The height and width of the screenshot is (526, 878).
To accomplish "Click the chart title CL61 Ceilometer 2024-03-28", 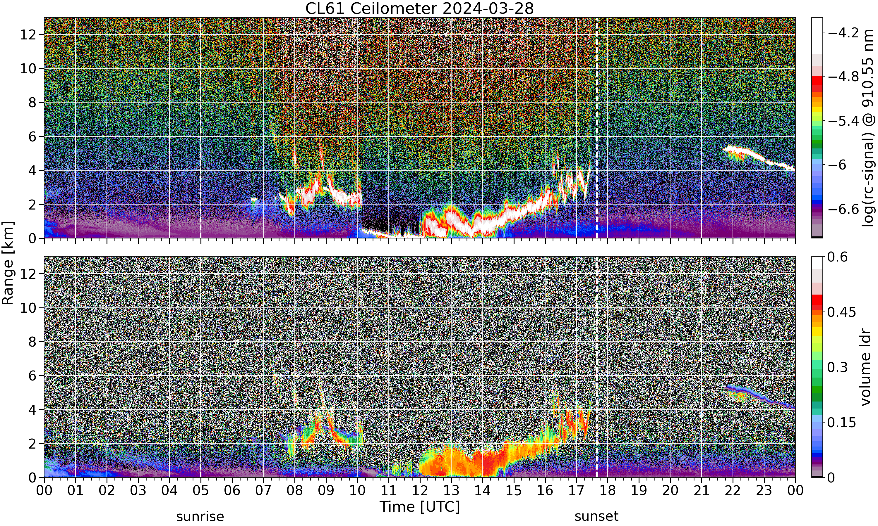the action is tap(419, 8).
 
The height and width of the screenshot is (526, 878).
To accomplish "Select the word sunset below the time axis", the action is tap(596, 516).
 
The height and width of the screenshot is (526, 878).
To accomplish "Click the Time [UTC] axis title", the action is tap(419, 507).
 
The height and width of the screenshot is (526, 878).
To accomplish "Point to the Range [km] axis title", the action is tap(8, 263).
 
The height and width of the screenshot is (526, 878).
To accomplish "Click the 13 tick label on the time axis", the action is tap(451, 491).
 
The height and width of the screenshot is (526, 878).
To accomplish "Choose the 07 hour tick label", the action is tap(263, 491).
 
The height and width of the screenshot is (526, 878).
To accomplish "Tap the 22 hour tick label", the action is tap(733, 491).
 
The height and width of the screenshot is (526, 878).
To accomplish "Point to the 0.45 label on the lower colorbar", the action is tap(841, 312).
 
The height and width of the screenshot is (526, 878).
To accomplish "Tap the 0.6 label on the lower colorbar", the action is tap(837, 257).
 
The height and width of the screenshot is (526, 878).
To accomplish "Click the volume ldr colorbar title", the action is tap(866, 367).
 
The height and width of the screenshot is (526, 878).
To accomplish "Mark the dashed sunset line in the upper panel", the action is tap(596, 128).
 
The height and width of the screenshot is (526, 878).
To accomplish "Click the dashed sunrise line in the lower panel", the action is tap(200, 367).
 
